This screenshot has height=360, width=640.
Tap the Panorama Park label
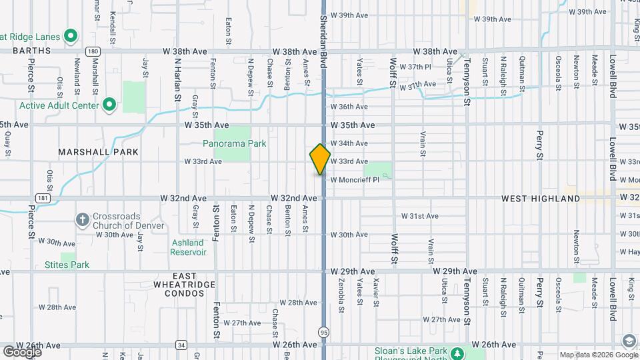[234, 143]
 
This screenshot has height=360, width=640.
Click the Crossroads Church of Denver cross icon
[82, 219]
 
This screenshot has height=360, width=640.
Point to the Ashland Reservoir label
[188, 247]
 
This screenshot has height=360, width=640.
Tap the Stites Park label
[67, 265]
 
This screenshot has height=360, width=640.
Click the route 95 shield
[323, 331]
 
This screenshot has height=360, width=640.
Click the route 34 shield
[181, 345]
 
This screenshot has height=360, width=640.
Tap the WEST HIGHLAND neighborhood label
[541, 199]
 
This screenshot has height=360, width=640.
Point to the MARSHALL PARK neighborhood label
[98, 152]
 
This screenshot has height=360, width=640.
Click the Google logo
[22, 352]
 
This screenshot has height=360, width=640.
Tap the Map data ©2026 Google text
[589, 354]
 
